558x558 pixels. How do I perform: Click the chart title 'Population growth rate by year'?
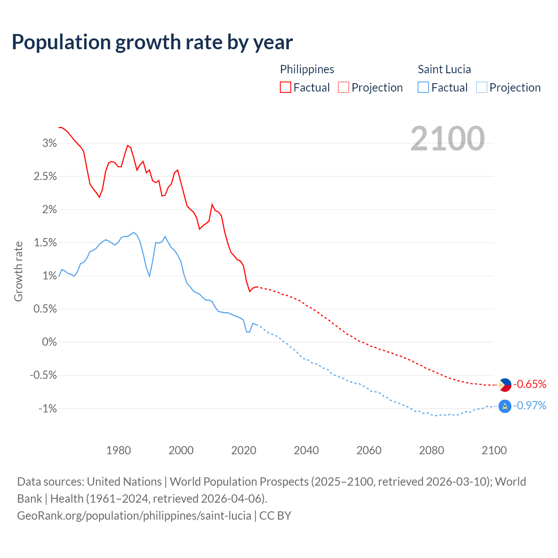click(152, 42)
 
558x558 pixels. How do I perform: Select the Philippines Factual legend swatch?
click(285, 87)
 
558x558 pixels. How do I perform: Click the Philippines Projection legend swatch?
click(344, 87)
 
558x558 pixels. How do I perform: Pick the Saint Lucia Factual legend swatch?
click(423, 87)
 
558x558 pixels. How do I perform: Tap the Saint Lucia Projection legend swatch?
click(481, 87)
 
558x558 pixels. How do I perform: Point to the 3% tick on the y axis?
click(49, 143)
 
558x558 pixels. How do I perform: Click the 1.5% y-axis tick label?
click(45, 243)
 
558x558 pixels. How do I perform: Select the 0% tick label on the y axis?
click(49, 342)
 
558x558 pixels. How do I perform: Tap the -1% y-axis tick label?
click(48, 408)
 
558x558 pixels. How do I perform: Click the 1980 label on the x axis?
click(119, 450)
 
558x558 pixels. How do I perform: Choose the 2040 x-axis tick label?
click(306, 450)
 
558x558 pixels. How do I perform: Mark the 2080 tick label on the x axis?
click(431, 450)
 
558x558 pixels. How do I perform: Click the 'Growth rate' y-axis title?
click(18, 271)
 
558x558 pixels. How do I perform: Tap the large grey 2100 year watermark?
click(447, 139)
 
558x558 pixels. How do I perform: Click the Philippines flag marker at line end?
click(505, 384)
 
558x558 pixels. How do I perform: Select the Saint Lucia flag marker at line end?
click(504, 406)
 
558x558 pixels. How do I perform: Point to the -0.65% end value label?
click(530, 384)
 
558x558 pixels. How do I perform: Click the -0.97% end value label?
click(530, 406)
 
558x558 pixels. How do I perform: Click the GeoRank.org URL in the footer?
click(134, 515)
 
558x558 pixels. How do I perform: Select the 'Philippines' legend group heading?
click(307, 69)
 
